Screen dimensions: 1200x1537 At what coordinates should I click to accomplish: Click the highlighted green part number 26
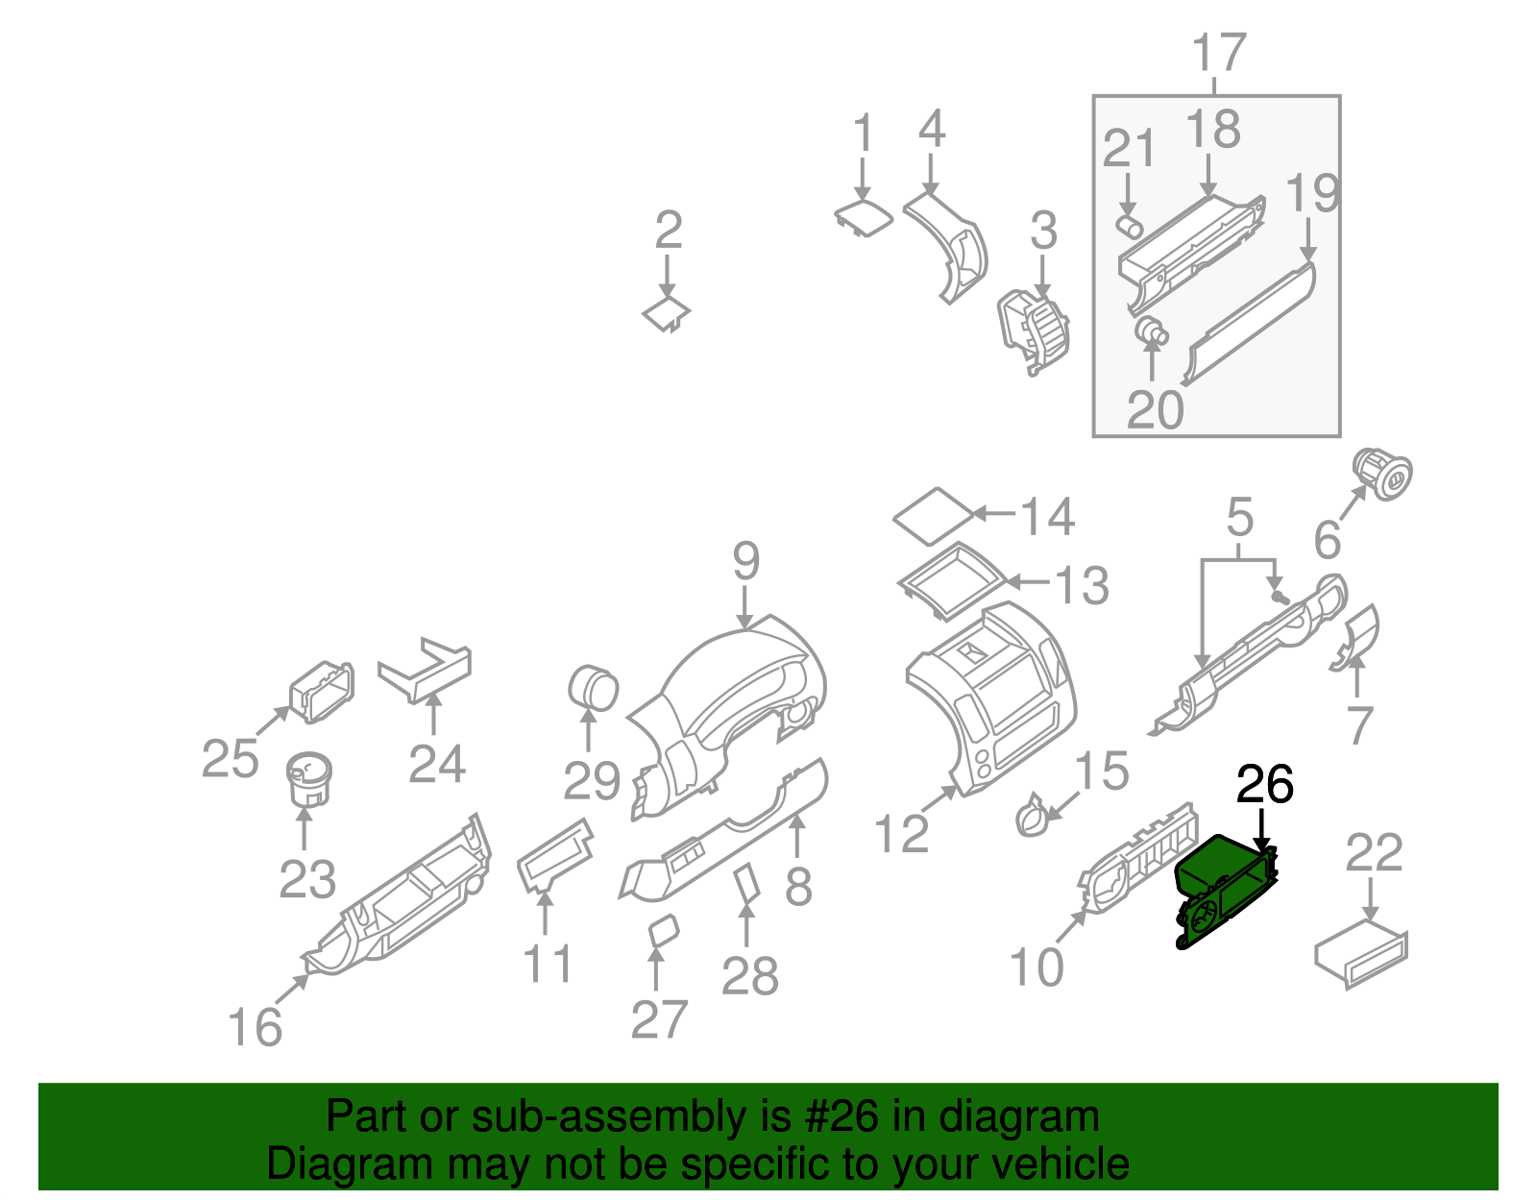[x=1225, y=889]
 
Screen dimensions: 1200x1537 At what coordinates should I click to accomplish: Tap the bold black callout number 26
[x=1264, y=785]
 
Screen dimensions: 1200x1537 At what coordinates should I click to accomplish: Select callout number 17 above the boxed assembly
[x=1218, y=53]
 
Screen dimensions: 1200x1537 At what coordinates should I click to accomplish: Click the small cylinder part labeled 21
[x=1129, y=226]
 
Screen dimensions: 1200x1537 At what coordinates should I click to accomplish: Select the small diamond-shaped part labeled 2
[x=667, y=314]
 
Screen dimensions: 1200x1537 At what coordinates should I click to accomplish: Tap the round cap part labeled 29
[x=593, y=688]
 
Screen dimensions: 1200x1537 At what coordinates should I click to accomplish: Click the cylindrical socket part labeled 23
[x=308, y=778]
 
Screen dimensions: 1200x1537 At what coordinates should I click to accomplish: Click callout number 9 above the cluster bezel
[x=745, y=561]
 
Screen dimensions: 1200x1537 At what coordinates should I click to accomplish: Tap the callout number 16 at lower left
[x=255, y=1027]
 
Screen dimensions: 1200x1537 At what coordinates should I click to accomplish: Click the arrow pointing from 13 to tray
[x=1028, y=582]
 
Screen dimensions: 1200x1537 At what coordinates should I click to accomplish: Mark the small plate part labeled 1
[x=863, y=217]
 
